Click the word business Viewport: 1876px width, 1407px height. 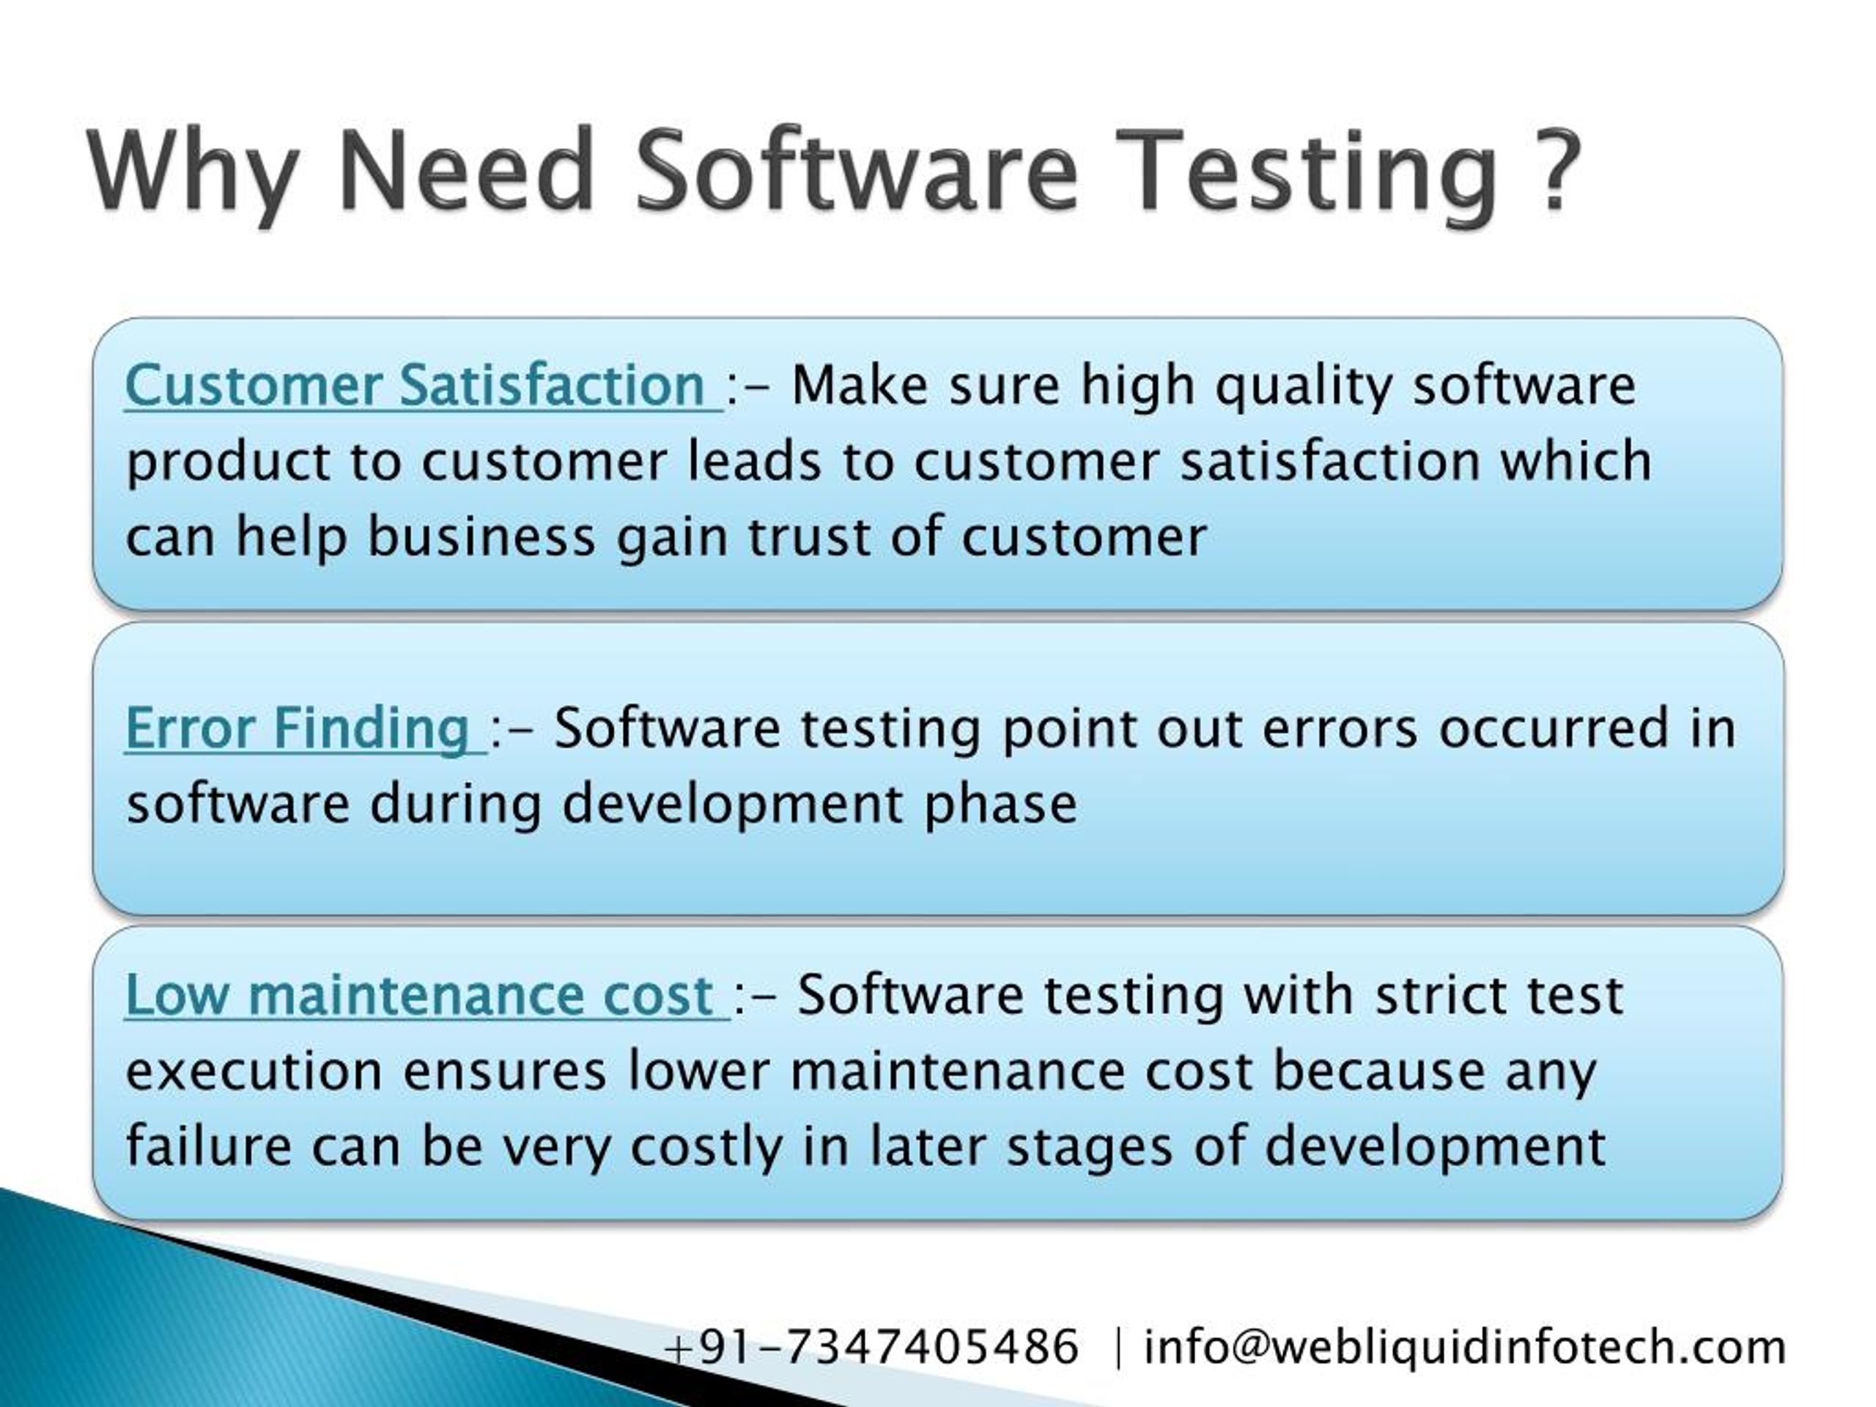point(481,538)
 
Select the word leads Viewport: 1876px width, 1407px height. point(754,462)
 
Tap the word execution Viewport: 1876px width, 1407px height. point(254,1071)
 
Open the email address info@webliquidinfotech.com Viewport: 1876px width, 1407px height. point(1465,1347)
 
